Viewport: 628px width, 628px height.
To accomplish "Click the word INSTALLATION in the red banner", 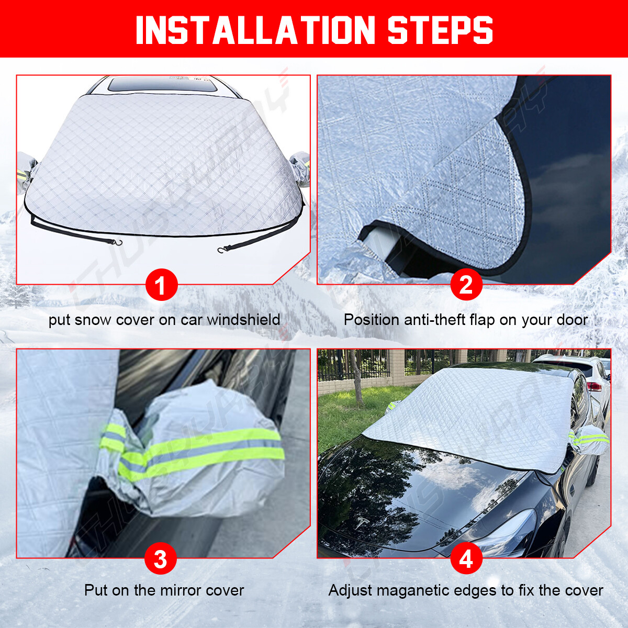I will (x=255, y=30).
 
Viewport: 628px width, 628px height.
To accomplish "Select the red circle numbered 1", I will (x=161, y=285).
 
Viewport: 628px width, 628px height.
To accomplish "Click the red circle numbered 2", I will (x=466, y=285).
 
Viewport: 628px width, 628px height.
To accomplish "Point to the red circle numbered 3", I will (x=161, y=559).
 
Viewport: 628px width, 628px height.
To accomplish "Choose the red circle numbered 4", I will (x=466, y=559).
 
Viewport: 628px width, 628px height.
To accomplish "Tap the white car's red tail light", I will (x=595, y=387).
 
